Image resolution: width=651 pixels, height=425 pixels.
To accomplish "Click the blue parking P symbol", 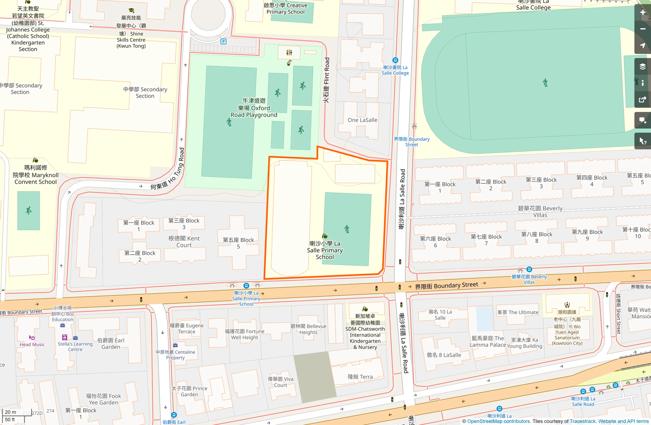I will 224,41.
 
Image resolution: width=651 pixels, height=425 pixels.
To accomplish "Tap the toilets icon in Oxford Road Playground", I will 289,53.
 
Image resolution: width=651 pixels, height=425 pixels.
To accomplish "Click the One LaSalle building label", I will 362,120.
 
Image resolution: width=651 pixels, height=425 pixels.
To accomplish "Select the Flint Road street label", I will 327,80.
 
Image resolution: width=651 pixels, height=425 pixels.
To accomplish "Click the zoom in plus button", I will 642,13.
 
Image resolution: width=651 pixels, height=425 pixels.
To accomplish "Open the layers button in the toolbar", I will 642,66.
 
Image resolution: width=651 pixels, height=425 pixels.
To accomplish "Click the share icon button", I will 642,100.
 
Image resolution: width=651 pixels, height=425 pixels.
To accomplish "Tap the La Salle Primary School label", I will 325,250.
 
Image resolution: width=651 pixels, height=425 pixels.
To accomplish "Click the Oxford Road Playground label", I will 254,108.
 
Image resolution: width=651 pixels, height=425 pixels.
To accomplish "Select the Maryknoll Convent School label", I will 36,175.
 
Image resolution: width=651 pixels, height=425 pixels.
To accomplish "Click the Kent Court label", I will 184,242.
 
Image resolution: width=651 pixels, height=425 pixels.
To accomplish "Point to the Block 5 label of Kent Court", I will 238,243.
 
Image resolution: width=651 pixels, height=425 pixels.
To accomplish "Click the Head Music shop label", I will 32,344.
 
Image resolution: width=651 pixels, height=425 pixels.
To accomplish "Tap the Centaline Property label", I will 175,355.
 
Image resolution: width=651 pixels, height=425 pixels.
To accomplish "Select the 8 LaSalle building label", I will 444,355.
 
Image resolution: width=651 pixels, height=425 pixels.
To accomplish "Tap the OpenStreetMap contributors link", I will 498,421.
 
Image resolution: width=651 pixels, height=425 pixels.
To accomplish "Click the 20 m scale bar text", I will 10,412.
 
